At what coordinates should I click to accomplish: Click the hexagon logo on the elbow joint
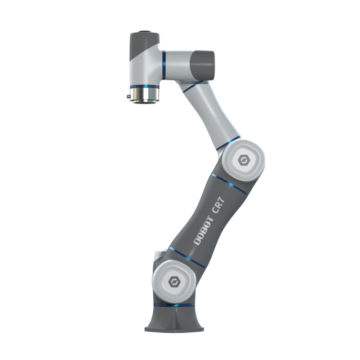click(243, 160)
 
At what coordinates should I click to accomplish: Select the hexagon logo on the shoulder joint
click(174, 281)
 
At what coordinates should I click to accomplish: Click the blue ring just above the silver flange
click(144, 86)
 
